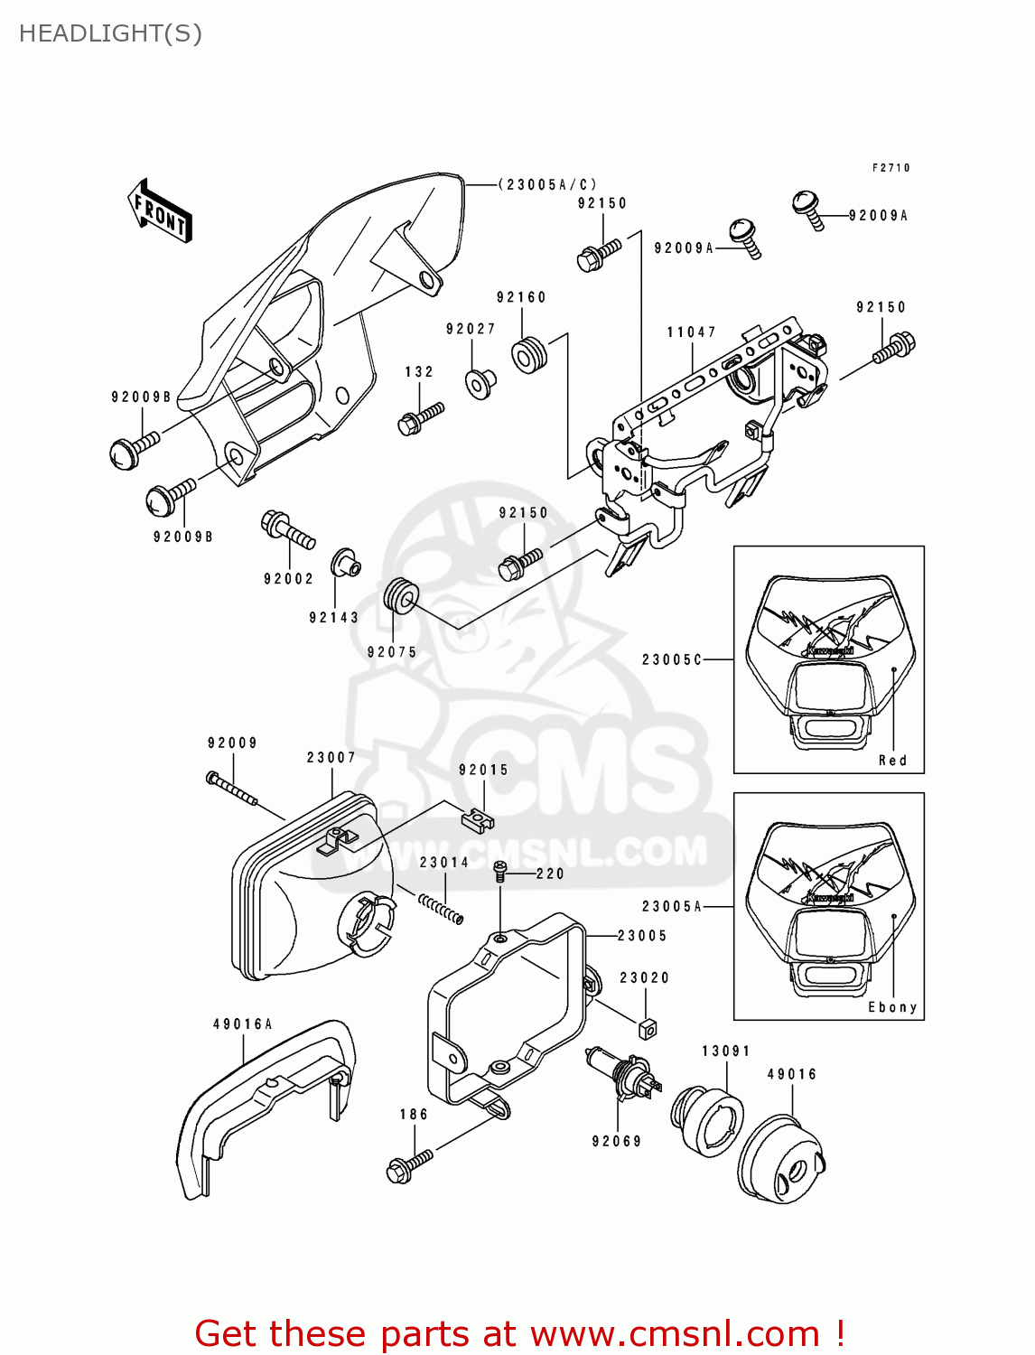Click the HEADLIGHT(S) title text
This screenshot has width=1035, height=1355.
pyautogui.click(x=110, y=33)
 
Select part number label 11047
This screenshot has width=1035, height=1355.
pyautogui.click(x=691, y=332)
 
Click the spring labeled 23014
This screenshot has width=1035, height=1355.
pyautogui.click(x=442, y=907)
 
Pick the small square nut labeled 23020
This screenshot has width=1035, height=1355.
pyautogui.click(x=647, y=1028)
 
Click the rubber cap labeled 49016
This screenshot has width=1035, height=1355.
pyautogui.click(x=781, y=1161)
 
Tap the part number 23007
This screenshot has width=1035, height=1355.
pyautogui.click(x=331, y=758)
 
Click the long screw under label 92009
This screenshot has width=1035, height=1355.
pyautogui.click(x=232, y=789)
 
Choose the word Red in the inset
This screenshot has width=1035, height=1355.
pyautogui.click(x=892, y=761)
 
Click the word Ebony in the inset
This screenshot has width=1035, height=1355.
pyautogui.click(x=892, y=1007)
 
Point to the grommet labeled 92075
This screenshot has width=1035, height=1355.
pyautogui.click(x=401, y=596)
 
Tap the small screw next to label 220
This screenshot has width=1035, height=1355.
pyautogui.click(x=499, y=871)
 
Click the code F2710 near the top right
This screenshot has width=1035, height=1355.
pyautogui.click(x=890, y=168)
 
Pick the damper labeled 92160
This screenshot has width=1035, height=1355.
pyautogui.click(x=529, y=354)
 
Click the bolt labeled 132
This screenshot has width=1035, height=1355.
pyautogui.click(x=421, y=418)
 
